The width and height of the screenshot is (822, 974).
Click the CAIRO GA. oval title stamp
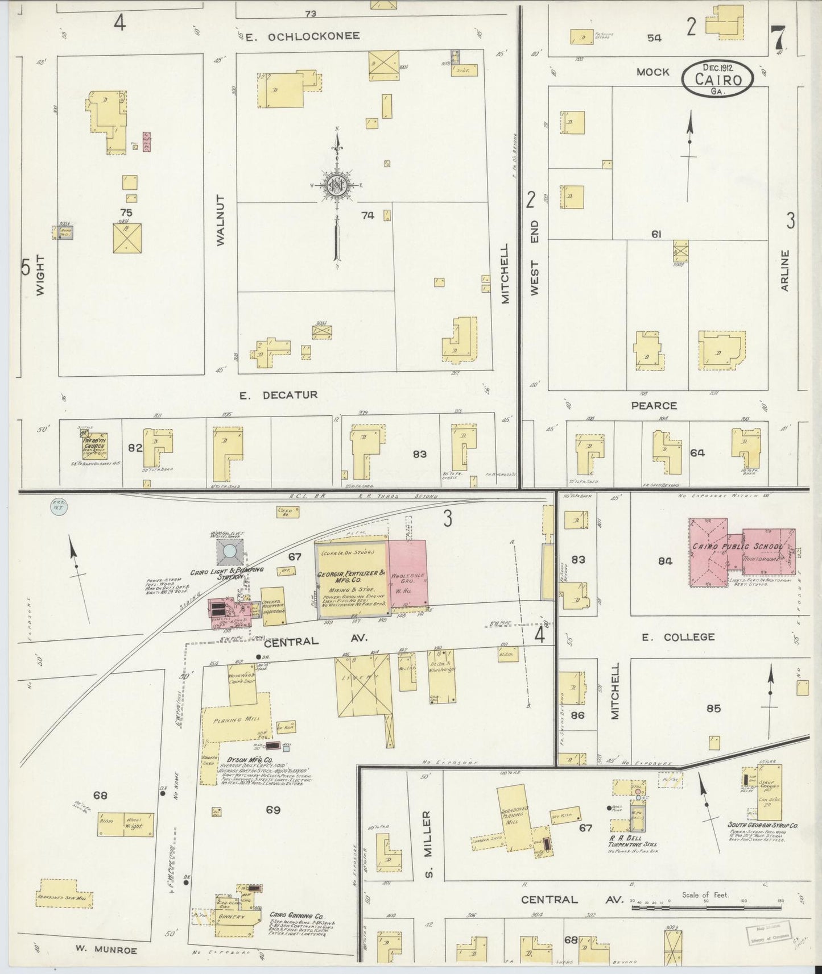pos(717,79)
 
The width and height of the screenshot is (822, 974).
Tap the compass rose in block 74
pos(336,185)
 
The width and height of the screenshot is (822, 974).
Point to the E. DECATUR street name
pos(278,394)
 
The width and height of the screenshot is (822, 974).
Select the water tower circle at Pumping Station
pos(229,551)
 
